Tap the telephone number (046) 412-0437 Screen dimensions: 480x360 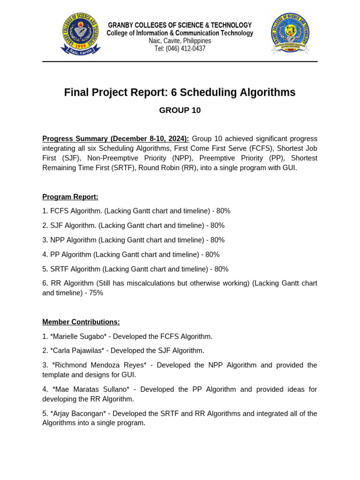coord(180,49)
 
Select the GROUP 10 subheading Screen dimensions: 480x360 coord(180,111)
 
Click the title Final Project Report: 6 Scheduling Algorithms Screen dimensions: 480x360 coord(180,93)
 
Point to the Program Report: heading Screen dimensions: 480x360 coord(70,197)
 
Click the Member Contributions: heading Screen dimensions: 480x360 coord(81,322)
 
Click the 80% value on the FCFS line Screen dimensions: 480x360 coord(223,211)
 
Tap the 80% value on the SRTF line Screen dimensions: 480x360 coord(221,269)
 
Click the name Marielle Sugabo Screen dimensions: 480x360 coord(77,337)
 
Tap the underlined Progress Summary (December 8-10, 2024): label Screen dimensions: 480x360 coord(116,139)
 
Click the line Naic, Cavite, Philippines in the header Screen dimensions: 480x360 coord(180,41)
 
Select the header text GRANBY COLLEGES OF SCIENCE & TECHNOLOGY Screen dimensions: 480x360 coord(180,25)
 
